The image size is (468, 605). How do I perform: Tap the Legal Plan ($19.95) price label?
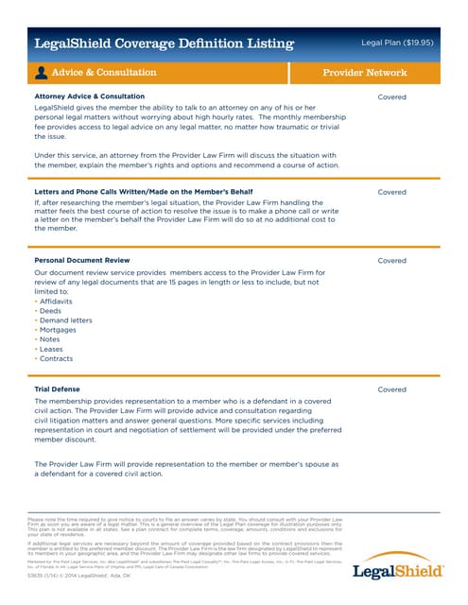[x=397, y=43]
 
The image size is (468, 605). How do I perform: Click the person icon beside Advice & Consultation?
[x=42, y=73]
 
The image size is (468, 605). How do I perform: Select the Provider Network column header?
[x=365, y=73]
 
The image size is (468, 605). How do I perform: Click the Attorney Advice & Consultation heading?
[x=89, y=97]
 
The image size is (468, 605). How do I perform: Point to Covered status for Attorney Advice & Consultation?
[x=391, y=97]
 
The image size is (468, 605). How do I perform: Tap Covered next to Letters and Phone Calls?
[x=391, y=192]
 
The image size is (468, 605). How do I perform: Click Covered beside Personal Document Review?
[x=391, y=260]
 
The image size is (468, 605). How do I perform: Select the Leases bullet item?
[x=52, y=349]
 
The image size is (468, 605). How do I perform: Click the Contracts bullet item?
[x=56, y=359]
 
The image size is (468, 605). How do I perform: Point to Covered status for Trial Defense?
[x=391, y=389]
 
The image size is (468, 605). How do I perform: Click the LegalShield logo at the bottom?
[x=397, y=572]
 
